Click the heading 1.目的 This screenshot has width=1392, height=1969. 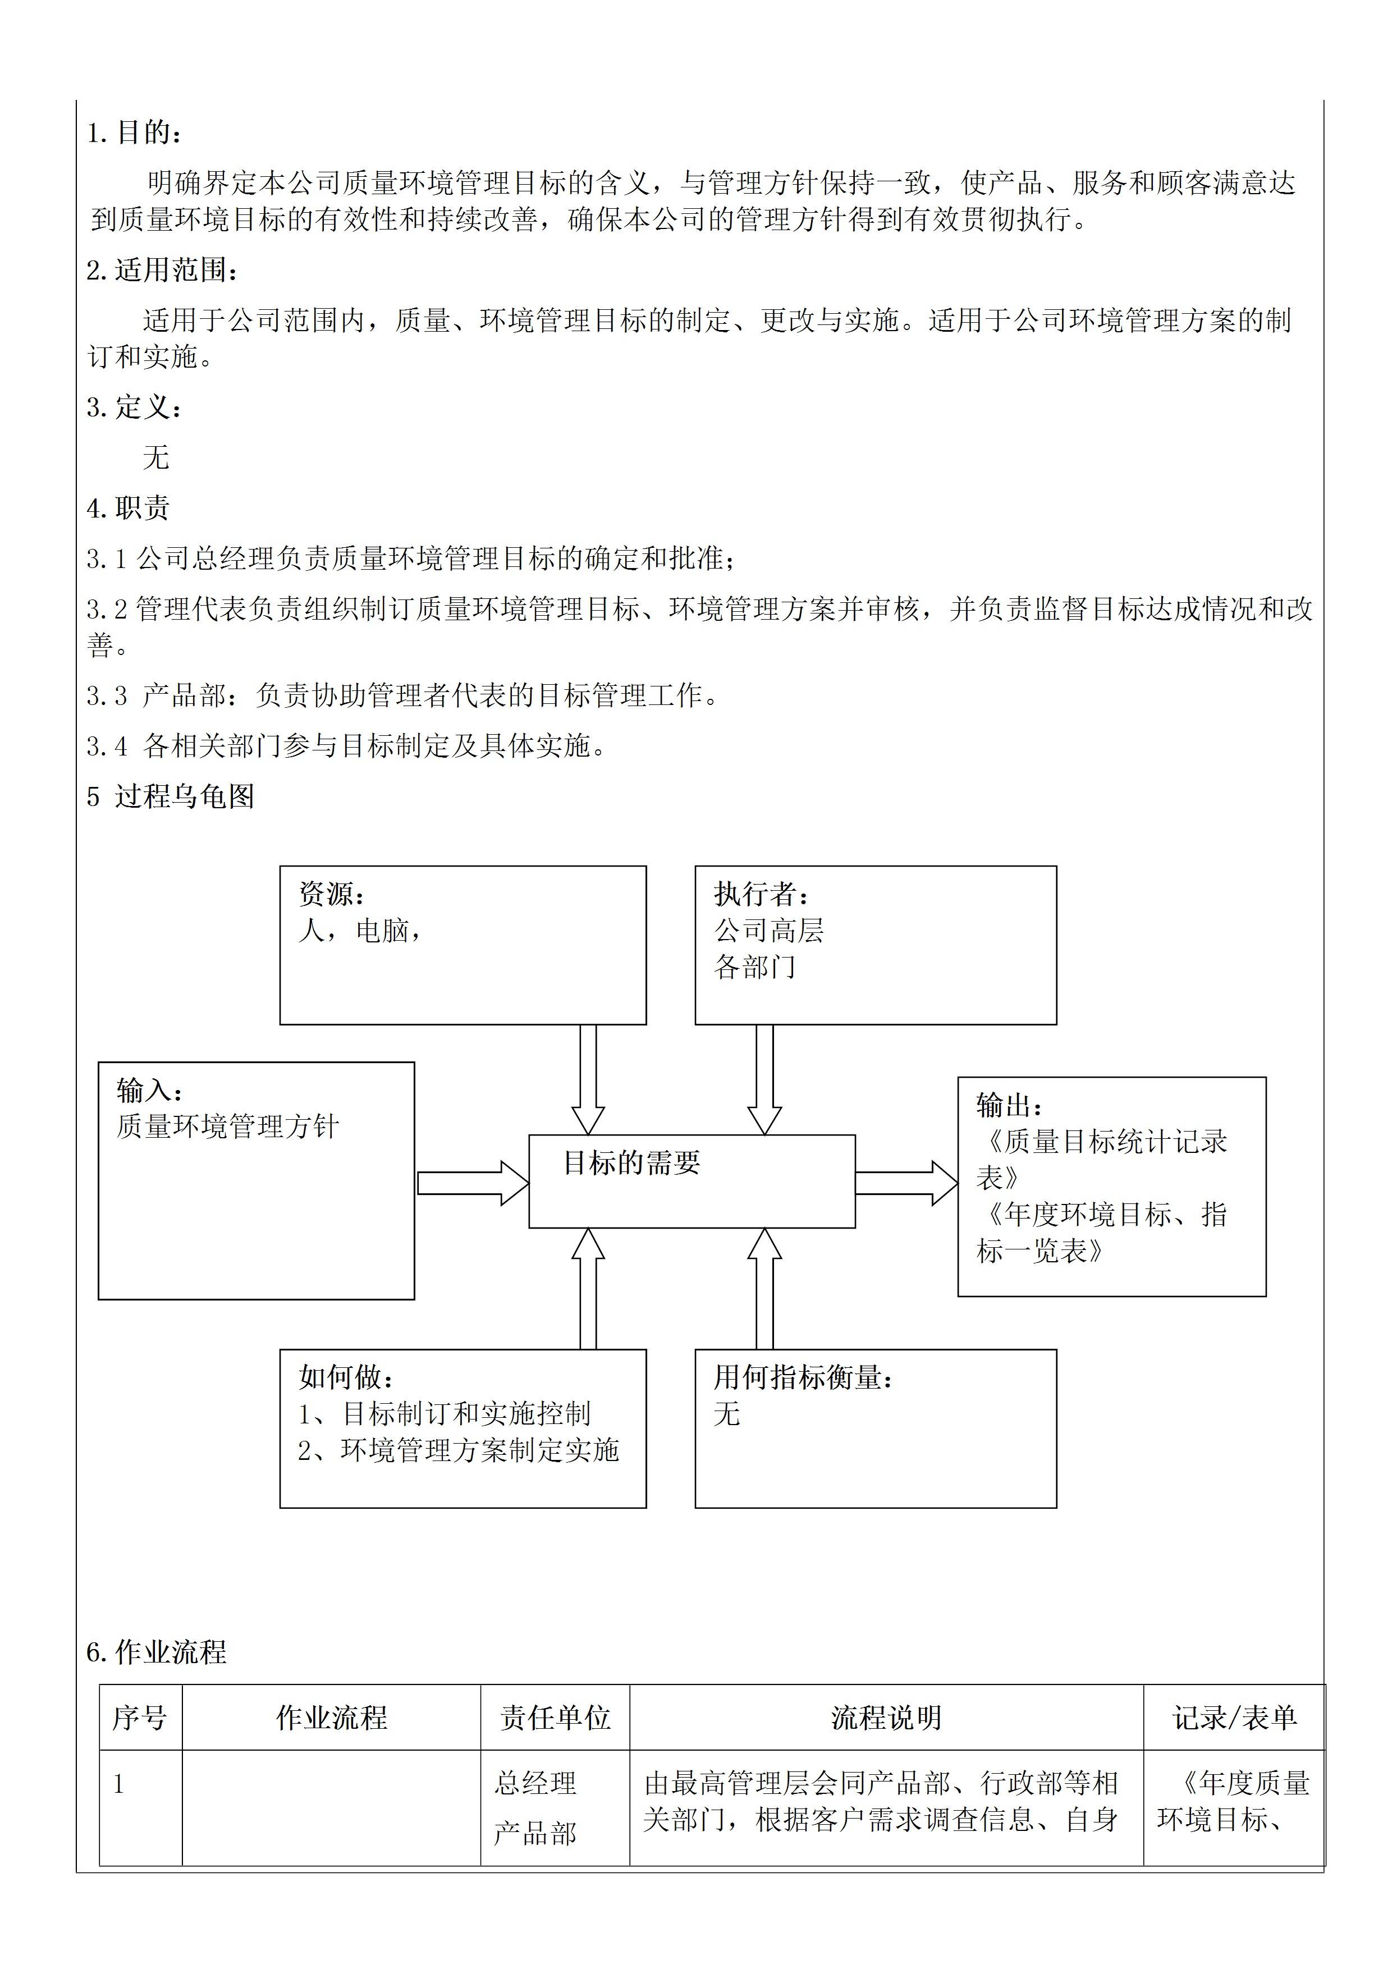tap(135, 133)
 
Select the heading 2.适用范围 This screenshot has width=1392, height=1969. tap(162, 270)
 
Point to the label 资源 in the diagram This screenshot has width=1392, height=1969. tap(331, 895)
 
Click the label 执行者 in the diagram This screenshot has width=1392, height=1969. tap(761, 895)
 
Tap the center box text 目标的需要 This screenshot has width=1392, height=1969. tap(631, 1163)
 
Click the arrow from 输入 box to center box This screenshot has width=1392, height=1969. tap(471, 1183)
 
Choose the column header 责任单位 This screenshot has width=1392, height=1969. tap(555, 1717)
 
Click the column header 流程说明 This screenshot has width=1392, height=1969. tap(886, 1717)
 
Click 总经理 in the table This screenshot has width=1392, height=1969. tap(535, 1783)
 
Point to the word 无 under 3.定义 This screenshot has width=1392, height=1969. tap(156, 457)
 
